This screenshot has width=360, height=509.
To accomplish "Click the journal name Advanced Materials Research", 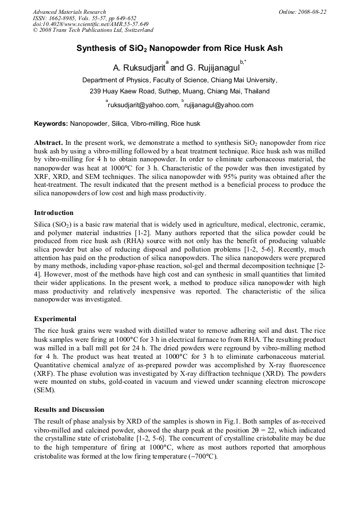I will coord(70,12).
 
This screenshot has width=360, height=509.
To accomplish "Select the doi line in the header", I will coord(91,24).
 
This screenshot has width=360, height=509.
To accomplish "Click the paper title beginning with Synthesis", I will coord(179,49).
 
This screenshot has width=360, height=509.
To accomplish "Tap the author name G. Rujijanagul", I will coord(213,68).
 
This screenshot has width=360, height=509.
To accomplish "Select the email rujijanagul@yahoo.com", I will coord(219,105).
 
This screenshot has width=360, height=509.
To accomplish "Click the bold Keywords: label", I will coord(51,124).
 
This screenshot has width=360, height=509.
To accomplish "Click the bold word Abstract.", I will coord(48,143).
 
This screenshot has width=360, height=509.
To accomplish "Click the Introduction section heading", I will coord(54,213).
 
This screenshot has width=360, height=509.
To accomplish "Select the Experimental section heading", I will coord(55,319).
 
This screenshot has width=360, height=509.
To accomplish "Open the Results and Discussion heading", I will coord(69,410).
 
